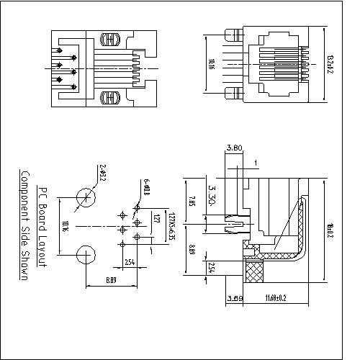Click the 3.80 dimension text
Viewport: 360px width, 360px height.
pyautogui.click(x=233, y=148)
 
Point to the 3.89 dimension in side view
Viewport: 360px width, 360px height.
pyautogui.click(x=234, y=297)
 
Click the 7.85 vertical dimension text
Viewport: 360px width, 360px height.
pyautogui.click(x=192, y=200)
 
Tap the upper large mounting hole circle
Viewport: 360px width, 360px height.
pyautogui.click(x=86, y=197)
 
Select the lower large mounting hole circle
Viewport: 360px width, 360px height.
pyautogui.click(x=86, y=255)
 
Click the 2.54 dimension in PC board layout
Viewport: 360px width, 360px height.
pyautogui.click(x=130, y=261)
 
